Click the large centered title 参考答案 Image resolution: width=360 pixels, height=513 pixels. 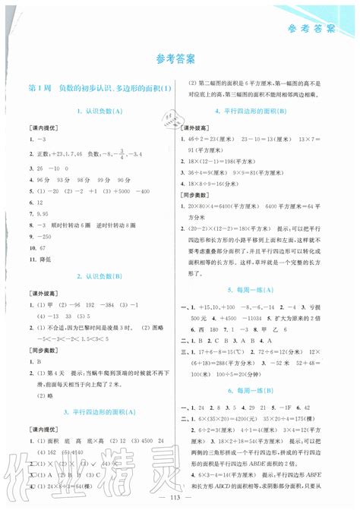(179, 59)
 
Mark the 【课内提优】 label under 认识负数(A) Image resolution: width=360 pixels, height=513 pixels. (39, 127)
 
